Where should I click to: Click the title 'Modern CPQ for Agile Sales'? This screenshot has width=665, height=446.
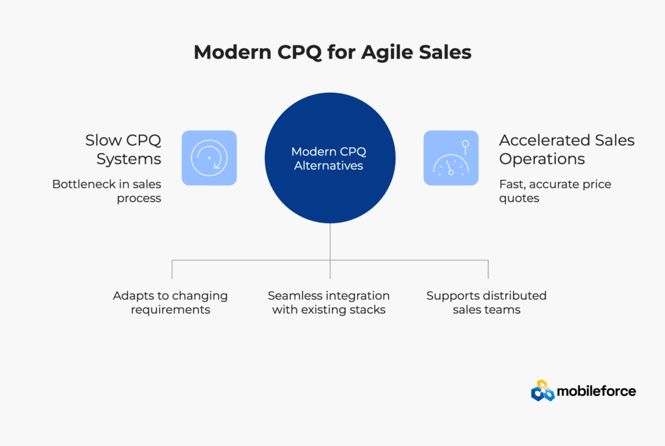tap(332, 53)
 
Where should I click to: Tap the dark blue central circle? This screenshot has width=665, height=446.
tap(330, 158)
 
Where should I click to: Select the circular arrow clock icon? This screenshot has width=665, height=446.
tap(209, 158)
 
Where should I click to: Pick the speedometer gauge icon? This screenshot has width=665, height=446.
tap(451, 158)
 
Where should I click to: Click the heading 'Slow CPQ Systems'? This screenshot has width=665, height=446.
tap(123, 149)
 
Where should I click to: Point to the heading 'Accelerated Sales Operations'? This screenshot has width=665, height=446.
tap(566, 149)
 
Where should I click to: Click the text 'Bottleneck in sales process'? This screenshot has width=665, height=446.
tap(107, 191)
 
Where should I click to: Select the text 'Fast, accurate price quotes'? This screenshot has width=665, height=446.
tap(555, 191)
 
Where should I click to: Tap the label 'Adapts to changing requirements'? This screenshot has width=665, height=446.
tap(171, 303)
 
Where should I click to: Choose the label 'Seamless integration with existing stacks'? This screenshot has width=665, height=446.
tap(329, 303)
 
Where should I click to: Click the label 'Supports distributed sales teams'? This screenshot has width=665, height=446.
tap(486, 303)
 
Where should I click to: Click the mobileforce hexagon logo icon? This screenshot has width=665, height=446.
tap(542, 390)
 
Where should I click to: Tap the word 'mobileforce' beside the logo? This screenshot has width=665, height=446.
tap(596, 391)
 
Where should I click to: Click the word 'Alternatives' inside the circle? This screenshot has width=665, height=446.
tap(329, 166)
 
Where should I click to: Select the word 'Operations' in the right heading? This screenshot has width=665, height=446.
tap(542, 160)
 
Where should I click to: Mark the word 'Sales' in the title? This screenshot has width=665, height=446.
tap(445, 53)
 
